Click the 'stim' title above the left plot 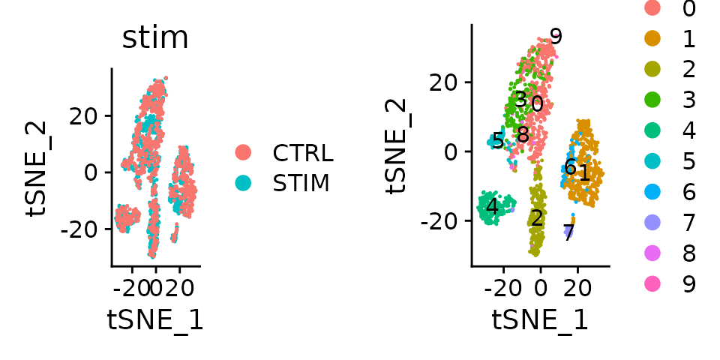155,38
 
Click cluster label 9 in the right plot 556,37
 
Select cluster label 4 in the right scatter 492,206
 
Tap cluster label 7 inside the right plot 568,233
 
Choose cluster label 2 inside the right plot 536,219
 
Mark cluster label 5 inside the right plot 498,140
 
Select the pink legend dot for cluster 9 652,284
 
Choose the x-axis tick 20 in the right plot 576,288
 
